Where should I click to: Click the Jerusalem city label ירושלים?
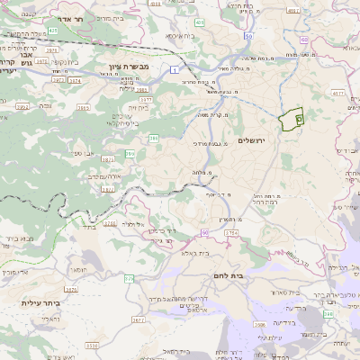point(255,141)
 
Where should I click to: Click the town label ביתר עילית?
point(41,303)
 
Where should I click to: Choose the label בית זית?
point(138,106)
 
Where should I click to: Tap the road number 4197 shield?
point(293,10)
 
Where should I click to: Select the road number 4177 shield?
point(338,92)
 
